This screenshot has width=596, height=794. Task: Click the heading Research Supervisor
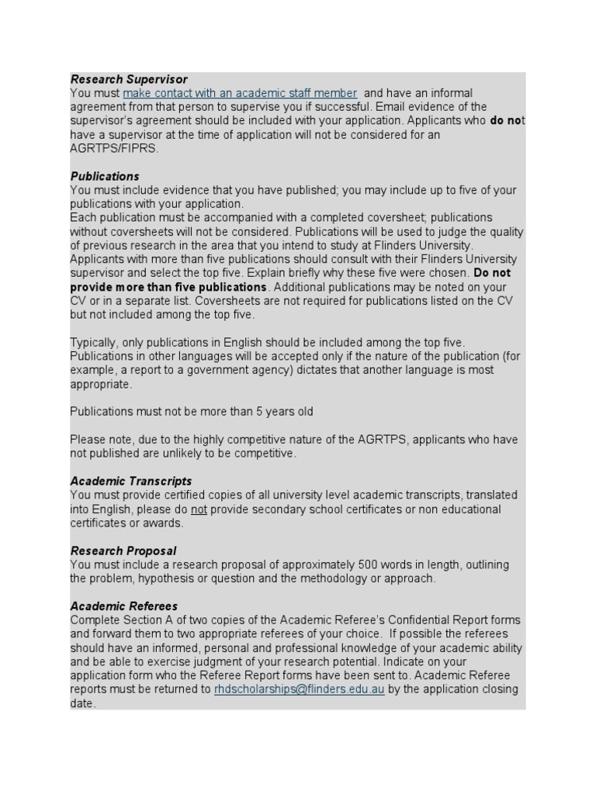129,79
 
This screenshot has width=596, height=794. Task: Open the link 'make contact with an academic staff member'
240,93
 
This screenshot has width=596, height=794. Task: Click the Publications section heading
105,176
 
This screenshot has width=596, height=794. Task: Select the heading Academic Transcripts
131,481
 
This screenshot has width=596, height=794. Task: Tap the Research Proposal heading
123,551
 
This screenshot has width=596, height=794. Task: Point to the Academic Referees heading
124,606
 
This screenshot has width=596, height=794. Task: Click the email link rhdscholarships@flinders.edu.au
299,689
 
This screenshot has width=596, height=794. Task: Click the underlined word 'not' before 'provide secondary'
199,509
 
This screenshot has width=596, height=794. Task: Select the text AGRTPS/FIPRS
114,149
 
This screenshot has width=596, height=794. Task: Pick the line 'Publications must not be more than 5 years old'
192,412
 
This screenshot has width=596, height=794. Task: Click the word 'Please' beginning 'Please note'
88,440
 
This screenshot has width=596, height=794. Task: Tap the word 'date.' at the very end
83,703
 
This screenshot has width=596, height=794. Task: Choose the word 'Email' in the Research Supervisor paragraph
420,107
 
